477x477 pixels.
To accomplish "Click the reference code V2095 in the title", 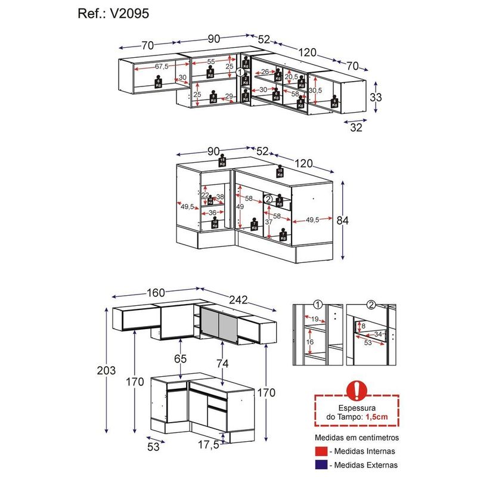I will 132,14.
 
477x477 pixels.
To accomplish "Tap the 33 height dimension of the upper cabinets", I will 375,97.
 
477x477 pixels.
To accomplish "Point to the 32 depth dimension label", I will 356,126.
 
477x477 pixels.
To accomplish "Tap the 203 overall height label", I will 106,371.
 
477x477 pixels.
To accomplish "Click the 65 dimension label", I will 181,359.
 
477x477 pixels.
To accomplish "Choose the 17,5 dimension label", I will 207,445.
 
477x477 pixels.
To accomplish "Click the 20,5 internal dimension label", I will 291,77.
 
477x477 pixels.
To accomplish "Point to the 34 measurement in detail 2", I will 379,334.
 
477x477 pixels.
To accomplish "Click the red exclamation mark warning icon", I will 357,390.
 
